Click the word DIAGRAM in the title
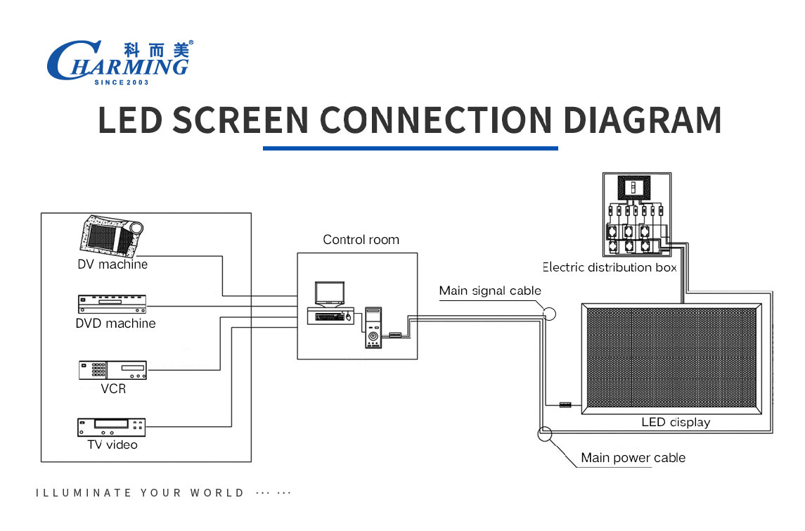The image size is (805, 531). pos(643,120)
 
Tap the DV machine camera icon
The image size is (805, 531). pos(111,236)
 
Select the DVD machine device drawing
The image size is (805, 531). pos(112,304)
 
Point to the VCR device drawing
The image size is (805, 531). pos(113,370)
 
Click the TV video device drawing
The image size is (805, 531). pos(111,428)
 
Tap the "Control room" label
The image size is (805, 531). pos(361,240)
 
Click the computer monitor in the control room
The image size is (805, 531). pos(330,294)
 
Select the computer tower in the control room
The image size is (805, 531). pos(373,328)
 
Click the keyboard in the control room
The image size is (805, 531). pos(330,317)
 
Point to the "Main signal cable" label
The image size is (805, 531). pos(490,290)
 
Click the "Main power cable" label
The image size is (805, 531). pos(633,458)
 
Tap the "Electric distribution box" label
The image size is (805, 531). pos(610,267)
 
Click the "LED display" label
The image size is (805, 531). pos(676,422)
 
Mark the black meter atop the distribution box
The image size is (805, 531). pos(634,188)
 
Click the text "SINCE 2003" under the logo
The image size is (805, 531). pos(122,82)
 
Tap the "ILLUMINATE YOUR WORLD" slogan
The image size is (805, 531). pos(140,493)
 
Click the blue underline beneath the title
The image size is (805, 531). pos(410,148)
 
